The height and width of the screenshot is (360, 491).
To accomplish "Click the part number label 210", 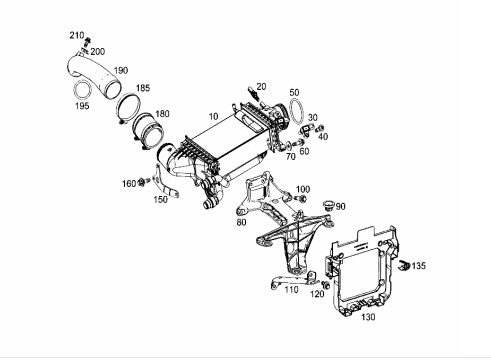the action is click(76, 35).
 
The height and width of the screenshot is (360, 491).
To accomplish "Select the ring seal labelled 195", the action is click(74, 89).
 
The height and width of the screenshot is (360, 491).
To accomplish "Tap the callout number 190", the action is click(121, 71).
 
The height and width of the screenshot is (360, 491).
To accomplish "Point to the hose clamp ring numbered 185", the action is click(117, 108).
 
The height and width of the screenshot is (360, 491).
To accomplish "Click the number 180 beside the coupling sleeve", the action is click(162, 114).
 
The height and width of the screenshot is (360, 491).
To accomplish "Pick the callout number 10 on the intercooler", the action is click(213, 116).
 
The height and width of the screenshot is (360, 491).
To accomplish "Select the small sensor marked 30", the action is click(306, 130).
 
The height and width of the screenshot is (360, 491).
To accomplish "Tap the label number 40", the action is click(323, 136).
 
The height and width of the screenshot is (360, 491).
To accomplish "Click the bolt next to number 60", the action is click(299, 144).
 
